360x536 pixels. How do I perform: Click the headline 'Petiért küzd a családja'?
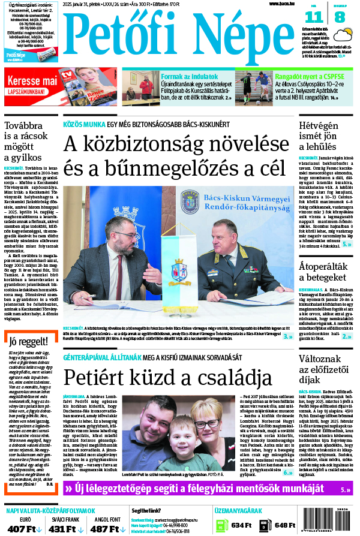pyautogui.click(x=160, y=378)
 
